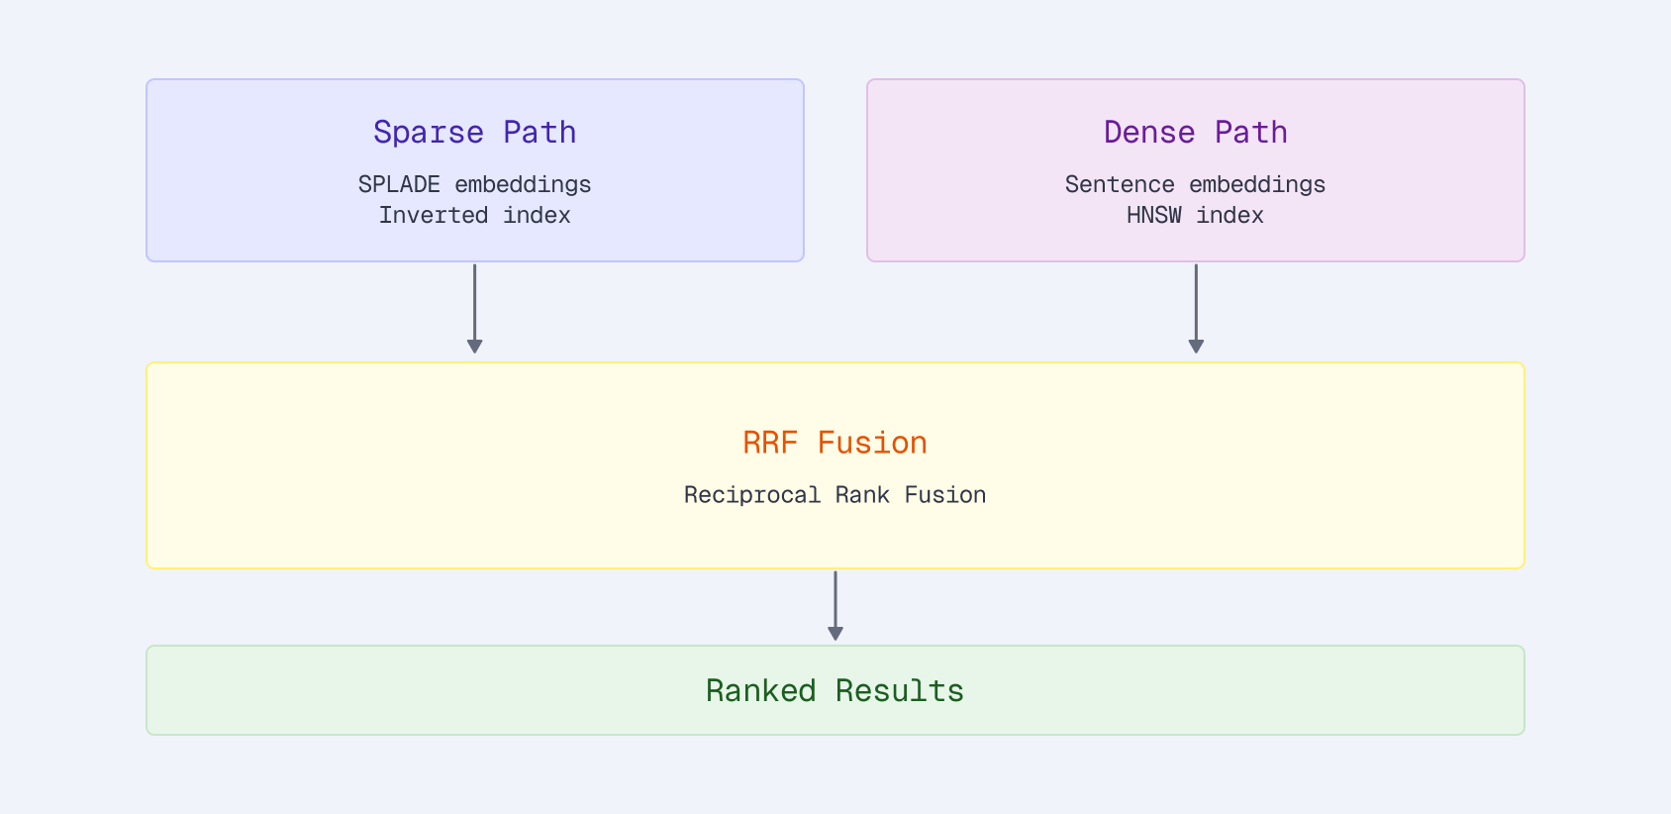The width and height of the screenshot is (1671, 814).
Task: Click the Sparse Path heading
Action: point(474,132)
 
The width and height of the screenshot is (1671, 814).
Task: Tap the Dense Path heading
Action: point(1195,132)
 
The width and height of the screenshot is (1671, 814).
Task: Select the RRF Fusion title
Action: point(835,443)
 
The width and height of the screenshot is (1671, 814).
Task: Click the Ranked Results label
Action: point(835,690)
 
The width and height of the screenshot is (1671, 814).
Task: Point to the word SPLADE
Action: point(399,184)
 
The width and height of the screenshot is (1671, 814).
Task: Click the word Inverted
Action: point(433,215)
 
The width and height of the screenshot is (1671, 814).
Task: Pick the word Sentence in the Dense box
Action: point(1119,184)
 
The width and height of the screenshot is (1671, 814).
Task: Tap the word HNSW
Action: point(1153,215)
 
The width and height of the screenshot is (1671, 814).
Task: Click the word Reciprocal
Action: point(751,494)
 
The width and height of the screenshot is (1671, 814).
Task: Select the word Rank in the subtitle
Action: point(862,494)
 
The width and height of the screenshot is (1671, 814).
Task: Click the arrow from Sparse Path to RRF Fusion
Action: point(474,307)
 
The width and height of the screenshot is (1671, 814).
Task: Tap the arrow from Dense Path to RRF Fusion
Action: point(1196,307)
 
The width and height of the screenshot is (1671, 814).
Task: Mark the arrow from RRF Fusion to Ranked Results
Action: point(835,604)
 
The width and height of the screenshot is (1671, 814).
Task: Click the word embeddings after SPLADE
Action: point(523,184)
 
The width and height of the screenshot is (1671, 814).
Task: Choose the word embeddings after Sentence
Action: point(1257,184)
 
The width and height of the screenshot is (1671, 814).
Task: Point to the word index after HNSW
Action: point(1229,215)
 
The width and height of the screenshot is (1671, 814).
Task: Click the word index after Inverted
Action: point(537,215)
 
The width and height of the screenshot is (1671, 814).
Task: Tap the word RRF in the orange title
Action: point(769,443)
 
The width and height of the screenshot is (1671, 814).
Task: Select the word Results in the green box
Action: point(899,690)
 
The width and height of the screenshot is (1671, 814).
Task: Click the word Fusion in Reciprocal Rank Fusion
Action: point(944,494)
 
